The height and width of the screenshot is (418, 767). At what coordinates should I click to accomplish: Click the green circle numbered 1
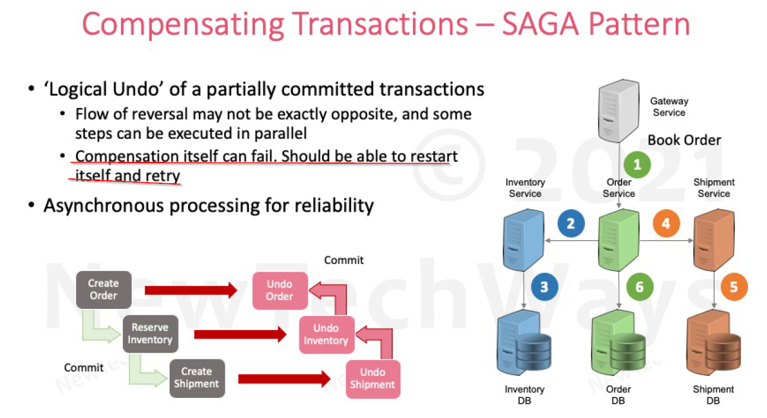[636, 164]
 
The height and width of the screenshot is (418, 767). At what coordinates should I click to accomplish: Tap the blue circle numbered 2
[571, 224]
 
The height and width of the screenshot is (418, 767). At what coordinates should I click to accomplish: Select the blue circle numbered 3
[544, 287]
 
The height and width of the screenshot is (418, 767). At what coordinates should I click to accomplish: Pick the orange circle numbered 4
[666, 224]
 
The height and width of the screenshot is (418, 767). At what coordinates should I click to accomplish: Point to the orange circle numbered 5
[733, 287]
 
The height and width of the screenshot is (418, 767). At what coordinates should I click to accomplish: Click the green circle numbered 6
[639, 287]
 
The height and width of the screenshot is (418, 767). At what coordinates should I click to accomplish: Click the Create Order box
[103, 289]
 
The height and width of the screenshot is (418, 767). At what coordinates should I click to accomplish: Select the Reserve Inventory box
[150, 334]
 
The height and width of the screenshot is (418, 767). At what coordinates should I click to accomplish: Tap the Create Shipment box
[196, 378]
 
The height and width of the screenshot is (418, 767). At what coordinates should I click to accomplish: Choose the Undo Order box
[279, 290]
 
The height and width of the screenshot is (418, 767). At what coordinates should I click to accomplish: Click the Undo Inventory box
[326, 334]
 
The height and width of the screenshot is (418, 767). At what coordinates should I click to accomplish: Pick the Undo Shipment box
[373, 378]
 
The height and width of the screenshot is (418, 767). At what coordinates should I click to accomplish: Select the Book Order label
[684, 140]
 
